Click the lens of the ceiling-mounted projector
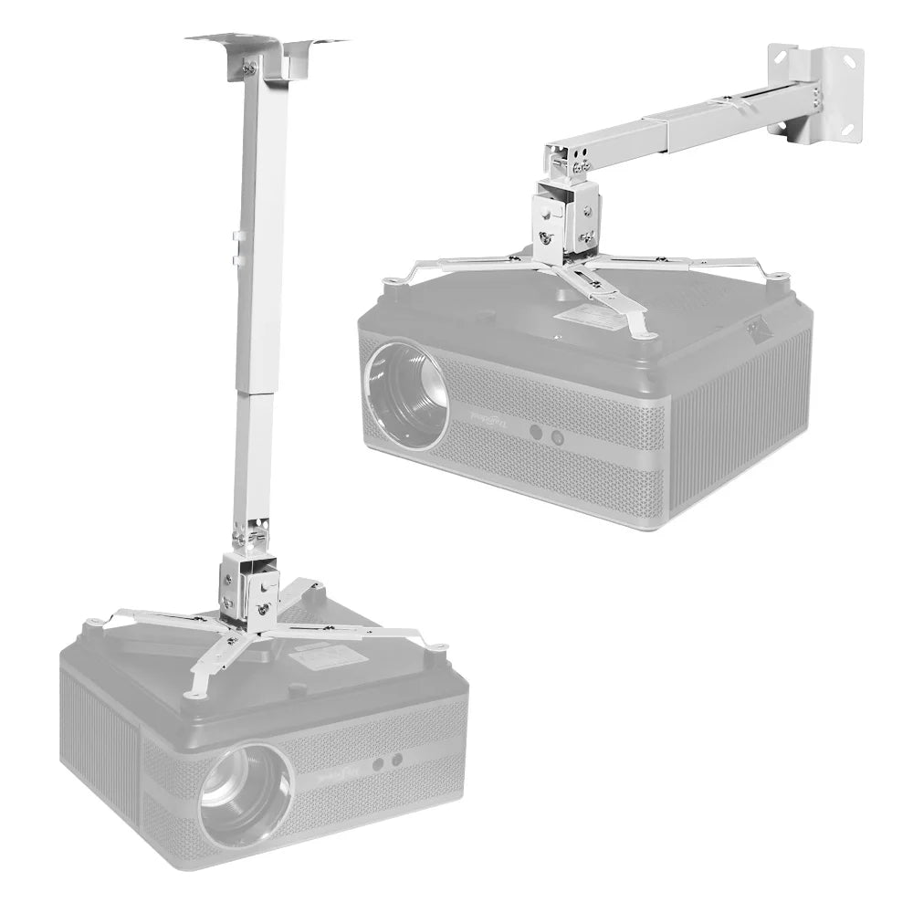point(245,792)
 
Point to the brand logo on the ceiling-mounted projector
point(339,778)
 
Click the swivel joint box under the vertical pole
point(249,585)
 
